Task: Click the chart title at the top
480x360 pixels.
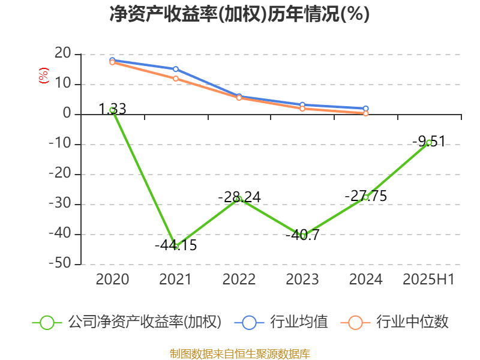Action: tap(239, 14)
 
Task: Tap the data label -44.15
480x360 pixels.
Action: tap(176, 245)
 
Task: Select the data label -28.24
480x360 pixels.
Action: tap(239, 197)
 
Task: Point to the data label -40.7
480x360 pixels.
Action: tap(302, 235)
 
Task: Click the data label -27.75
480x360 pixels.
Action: tap(365, 196)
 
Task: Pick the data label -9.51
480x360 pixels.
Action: tap(428, 142)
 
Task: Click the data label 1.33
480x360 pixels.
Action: tap(112, 109)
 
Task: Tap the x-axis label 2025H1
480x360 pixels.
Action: tap(428, 280)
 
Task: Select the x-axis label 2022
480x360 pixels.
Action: tap(239, 280)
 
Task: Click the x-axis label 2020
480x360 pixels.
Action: tap(112, 280)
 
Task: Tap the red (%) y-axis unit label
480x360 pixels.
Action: tap(43, 75)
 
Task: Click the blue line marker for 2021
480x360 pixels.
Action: tap(176, 69)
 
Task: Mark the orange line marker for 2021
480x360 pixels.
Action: tap(176, 79)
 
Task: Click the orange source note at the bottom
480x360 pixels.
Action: tap(239, 353)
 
